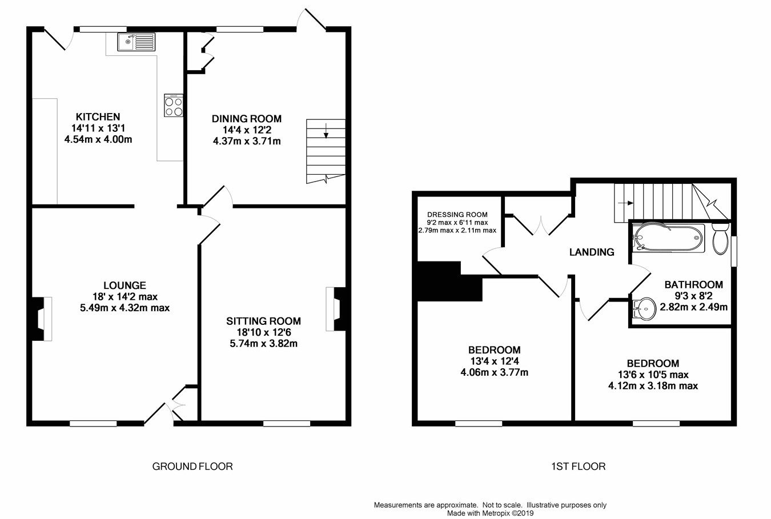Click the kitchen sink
tap(136, 42)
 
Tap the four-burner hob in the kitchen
tap(174, 105)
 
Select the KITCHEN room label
tap(98, 116)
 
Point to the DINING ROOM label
tap(247, 119)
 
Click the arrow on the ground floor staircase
tap(326, 131)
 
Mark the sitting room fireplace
tap(336, 309)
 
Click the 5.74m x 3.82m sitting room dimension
tap(264, 344)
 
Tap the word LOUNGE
tap(125, 285)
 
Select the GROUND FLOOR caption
tap(192, 466)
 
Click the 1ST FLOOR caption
tap(578, 466)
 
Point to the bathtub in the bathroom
tap(668, 238)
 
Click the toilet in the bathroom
tap(720, 239)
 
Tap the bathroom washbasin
tap(644, 309)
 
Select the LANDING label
tap(592, 252)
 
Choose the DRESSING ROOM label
tap(457, 215)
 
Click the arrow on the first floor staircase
tap(626, 203)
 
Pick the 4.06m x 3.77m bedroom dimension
tap(494, 372)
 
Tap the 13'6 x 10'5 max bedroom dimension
tap(653, 375)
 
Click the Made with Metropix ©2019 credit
tap(490, 513)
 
